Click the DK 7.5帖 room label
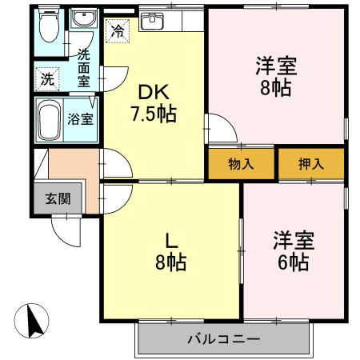point(154,103)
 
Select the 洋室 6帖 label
point(292,250)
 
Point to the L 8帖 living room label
point(170,250)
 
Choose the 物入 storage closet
point(241,165)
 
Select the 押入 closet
point(311,165)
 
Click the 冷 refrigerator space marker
point(118,32)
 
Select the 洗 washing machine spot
point(46,79)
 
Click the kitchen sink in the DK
point(152,22)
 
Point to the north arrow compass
point(33,322)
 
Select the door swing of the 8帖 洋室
point(218,131)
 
